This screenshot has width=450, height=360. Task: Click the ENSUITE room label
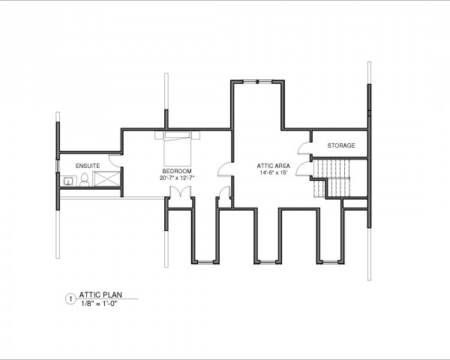tap(88, 166)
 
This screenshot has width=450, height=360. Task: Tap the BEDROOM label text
tap(177, 172)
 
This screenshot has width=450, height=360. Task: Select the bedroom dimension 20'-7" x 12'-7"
tap(177, 178)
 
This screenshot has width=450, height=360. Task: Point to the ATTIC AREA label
tap(273, 166)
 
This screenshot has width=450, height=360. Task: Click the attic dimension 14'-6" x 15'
tap(274, 172)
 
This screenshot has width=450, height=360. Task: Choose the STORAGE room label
tap(341, 145)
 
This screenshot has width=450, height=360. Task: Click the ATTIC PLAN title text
tap(100, 295)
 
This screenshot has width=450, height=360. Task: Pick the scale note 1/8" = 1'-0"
tap(99, 304)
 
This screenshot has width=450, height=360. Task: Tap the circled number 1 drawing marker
tap(70, 299)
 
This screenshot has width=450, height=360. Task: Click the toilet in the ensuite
tap(84, 180)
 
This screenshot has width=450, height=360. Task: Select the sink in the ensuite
tap(68, 181)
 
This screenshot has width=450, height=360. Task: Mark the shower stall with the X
tap(106, 178)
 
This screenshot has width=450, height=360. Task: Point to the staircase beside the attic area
tap(332, 178)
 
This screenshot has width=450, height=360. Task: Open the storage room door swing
tap(304, 148)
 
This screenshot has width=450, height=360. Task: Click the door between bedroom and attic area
tap(225, 169)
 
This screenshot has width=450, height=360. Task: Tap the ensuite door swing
tap(115, 160)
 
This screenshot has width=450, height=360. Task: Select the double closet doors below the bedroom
tap(180, 192)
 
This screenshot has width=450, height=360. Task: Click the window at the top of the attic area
tap(257, 82)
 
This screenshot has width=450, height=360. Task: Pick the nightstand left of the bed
tap(159, 135)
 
